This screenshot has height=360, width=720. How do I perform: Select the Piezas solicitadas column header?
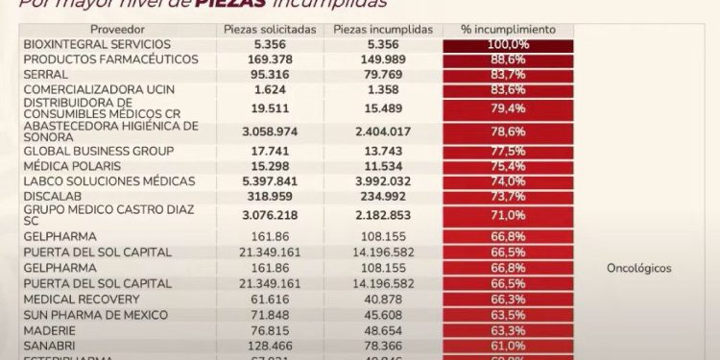point(270,30)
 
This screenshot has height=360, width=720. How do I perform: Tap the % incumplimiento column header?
point(508,30)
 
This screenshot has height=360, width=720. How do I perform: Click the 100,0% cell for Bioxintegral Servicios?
point(508,45)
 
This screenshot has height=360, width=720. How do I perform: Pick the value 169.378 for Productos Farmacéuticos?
point(270,60)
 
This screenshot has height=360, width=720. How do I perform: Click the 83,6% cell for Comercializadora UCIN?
point(508,89)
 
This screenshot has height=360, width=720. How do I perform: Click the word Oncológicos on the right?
point(639,269)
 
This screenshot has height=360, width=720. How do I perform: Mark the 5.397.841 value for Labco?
point(270,181)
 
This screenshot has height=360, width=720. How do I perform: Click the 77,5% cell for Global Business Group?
point(508,152)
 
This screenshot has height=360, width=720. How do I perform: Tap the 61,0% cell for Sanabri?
point(508,345)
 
